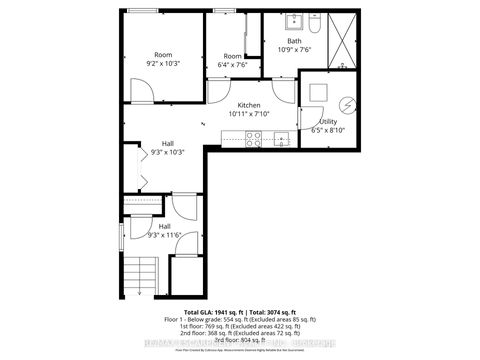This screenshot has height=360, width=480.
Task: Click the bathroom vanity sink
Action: pyautogui.click(x=297, y=21)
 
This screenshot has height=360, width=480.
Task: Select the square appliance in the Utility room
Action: pyautogui.click(x=318, y=92)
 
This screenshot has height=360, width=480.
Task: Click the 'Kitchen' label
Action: pyautogui.click(x=250, y=105)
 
